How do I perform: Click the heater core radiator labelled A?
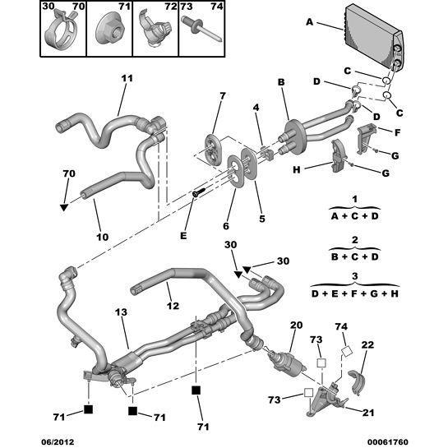[374, 37]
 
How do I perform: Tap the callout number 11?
[127, 78]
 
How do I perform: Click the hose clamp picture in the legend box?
[62, 31]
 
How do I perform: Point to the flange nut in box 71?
[109, 31]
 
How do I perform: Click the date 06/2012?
[58, 441]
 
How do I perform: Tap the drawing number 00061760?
[388, 441]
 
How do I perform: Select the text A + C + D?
[354, 216]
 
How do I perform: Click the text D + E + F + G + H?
[354, 293]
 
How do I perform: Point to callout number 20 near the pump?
[296, 325]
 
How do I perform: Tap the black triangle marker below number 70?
[64, 207]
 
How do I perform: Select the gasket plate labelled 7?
[212, 150]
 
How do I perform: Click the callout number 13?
[121, 312]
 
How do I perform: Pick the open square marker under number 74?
[347, 351]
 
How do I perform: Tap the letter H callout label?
[297, 169]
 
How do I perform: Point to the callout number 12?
[173, 306]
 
